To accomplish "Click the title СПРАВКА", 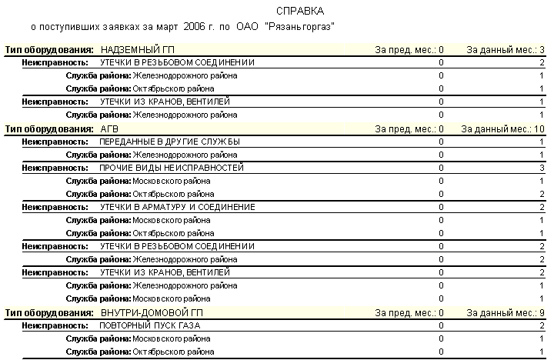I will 299,12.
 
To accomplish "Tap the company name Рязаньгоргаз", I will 302,27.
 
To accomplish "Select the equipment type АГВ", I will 109,128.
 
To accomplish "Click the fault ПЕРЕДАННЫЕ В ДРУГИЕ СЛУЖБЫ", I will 170,142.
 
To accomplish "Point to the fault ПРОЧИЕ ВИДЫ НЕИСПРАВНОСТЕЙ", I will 172,168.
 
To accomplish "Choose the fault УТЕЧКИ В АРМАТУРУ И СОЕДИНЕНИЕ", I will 177,207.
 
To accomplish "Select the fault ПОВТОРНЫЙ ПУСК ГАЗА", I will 150,325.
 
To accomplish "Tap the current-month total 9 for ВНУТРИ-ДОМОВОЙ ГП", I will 542,312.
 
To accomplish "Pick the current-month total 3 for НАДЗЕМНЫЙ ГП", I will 542,49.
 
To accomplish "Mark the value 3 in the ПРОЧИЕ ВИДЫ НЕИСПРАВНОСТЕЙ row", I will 542,168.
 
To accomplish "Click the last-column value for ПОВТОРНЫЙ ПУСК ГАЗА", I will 542,325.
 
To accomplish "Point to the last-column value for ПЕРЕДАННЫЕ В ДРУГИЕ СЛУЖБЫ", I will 542,142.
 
